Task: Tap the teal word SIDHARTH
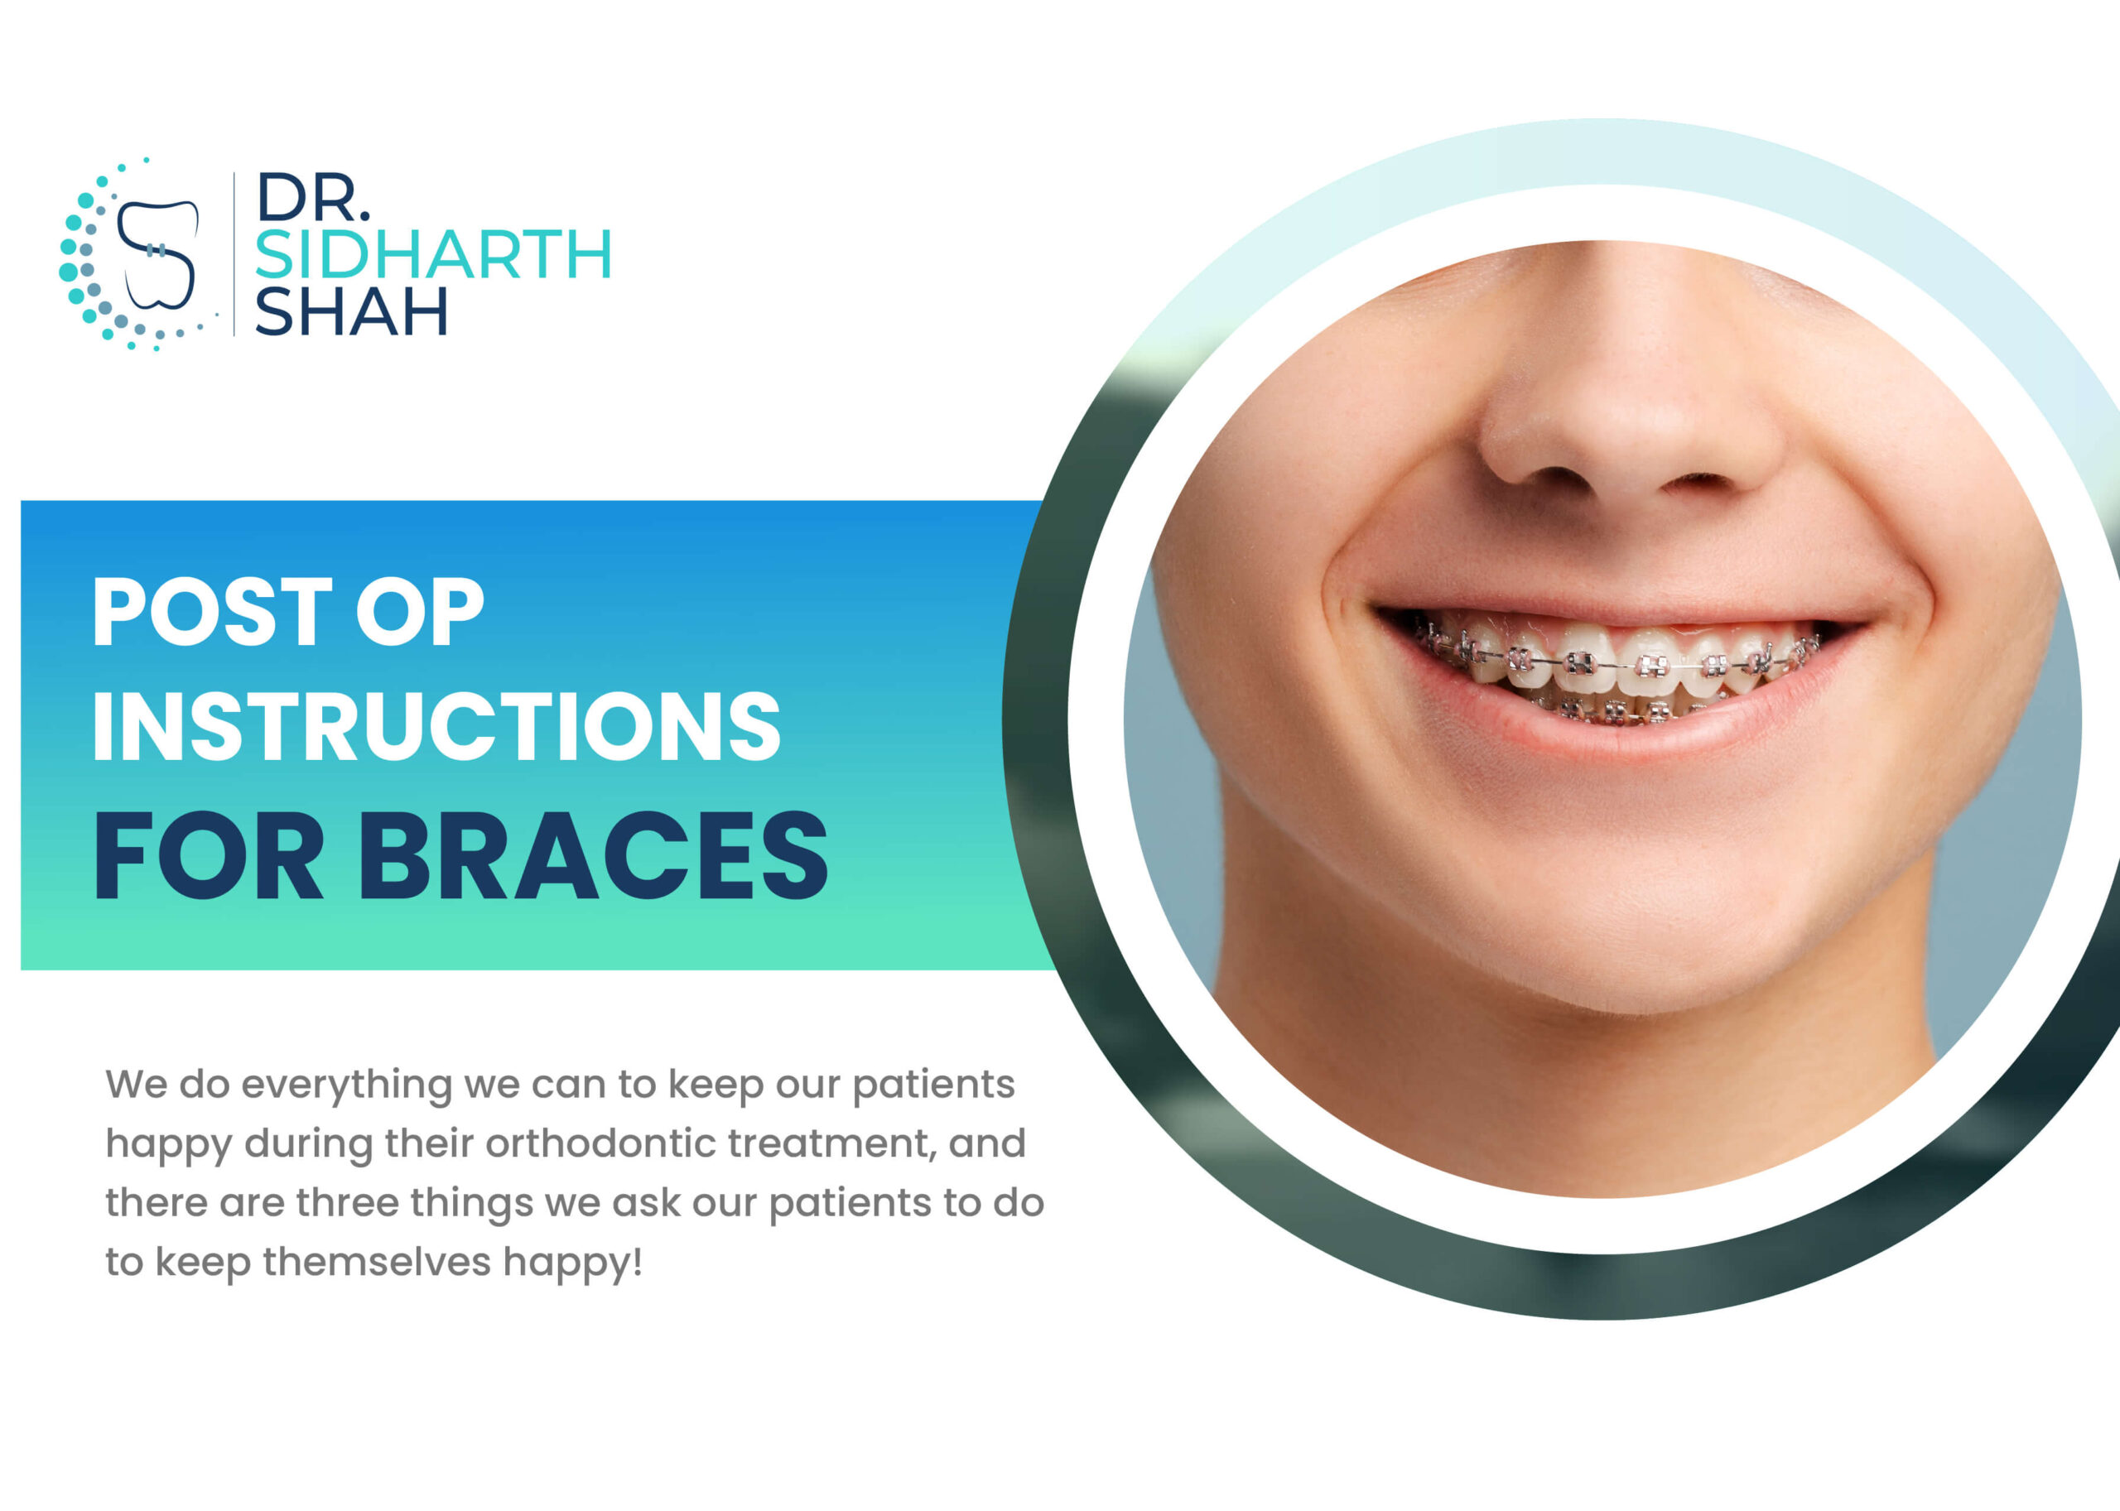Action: [433, 254]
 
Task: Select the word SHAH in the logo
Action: [351, 310]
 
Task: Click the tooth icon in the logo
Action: [158, 253]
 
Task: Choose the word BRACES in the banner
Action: [593, 856]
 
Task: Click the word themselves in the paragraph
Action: [377, 1262]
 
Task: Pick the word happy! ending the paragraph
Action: [572, 1263]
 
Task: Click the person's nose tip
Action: [1624, 437]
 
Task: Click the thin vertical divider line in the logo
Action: [234, 253]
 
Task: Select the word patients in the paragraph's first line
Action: [933, 1085]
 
